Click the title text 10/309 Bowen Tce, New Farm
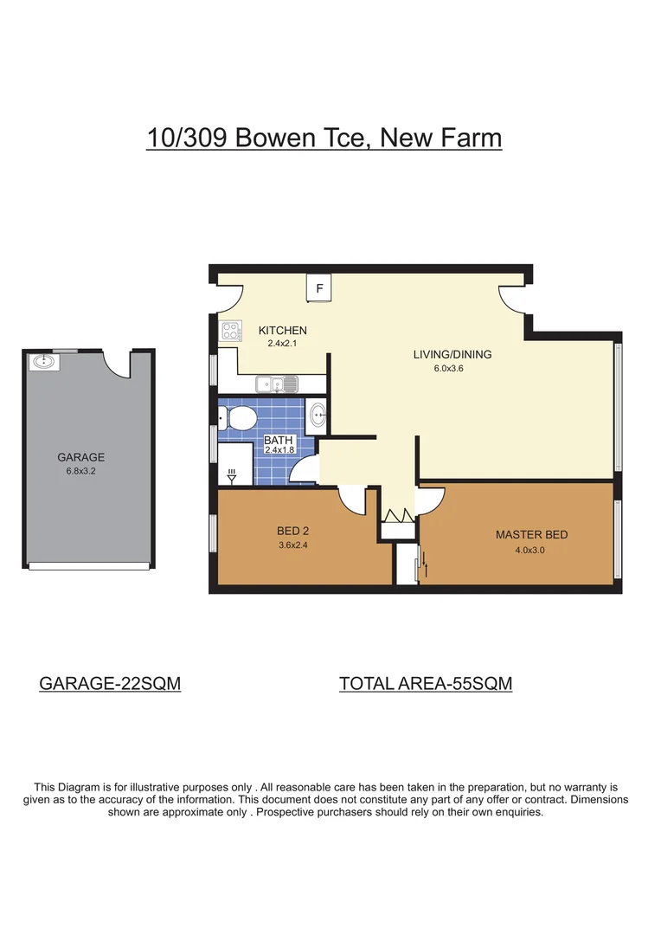[x=324, y=138]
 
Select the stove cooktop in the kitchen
[x=232, y=331]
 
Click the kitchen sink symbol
[x=277, y=383]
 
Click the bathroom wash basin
[x=317, y=416]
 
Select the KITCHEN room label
[x=283, y=330]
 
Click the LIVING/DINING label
[x=452, y=354]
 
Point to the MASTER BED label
[x=531, y=534]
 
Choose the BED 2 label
[x=294, y=531]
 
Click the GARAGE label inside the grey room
[x=80, y=457]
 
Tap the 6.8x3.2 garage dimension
[x=80, y=471]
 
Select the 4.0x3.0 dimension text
[x=530, y=549]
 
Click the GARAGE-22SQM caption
[x=110, y=683]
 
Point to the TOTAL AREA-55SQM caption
[x=426, y=683]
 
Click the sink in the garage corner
[x=43, y=362]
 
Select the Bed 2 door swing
[x=353, y=500]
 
